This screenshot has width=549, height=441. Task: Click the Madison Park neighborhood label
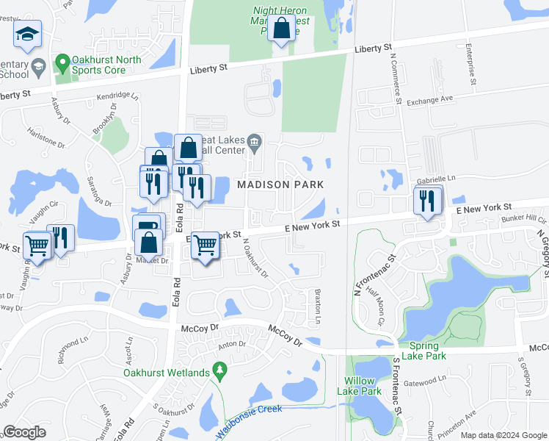tap(280, 183)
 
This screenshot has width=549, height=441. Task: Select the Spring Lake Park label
tap(424, 351)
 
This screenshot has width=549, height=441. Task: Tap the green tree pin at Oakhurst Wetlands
tap(217, 367)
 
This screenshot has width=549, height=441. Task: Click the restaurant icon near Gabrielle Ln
tap(427, 200)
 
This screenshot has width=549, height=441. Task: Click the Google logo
tap(24, 432)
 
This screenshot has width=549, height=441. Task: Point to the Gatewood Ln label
tap(425, 380)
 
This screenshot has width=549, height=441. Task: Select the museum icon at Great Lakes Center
tap(254, 141)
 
